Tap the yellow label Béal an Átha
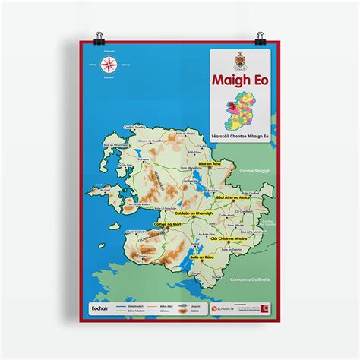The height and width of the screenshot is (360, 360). [207, 165]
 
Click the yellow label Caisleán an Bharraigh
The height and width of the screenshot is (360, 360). [194, 213]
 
